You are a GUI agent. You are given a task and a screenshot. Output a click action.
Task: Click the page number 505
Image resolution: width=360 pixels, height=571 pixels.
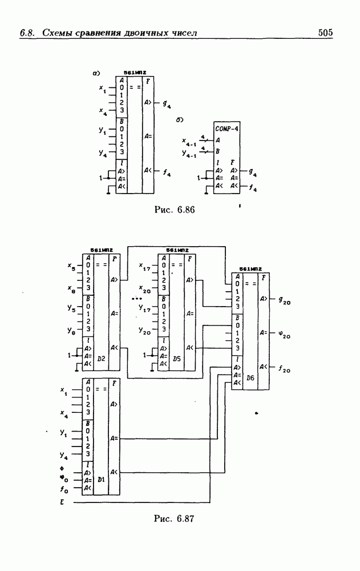click(325, 33)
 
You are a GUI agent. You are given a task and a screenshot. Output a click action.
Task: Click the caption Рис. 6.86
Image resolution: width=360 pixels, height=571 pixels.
click(175, 210)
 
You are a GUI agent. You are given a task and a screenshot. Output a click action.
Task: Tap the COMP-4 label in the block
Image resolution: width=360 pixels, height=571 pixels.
click(227, 128)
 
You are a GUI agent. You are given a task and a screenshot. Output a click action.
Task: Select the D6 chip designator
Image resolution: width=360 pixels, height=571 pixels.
click(250, 378)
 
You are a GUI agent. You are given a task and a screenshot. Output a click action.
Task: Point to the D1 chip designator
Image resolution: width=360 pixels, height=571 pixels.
click(101, 480)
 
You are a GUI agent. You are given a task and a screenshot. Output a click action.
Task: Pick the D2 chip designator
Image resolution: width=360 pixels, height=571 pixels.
click(101, 358)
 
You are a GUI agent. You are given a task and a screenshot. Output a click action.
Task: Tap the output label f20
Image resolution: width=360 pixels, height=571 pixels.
click(284, 369)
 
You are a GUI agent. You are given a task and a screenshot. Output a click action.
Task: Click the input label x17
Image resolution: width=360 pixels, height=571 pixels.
click(144, 266)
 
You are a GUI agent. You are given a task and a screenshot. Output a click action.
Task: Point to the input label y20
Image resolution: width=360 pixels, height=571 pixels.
click(144, 331)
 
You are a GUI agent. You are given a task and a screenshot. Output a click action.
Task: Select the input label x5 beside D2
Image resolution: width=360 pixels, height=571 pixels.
click(71, 266)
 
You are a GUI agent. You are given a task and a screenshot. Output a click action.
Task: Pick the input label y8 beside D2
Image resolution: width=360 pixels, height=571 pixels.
click(71, 331)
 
